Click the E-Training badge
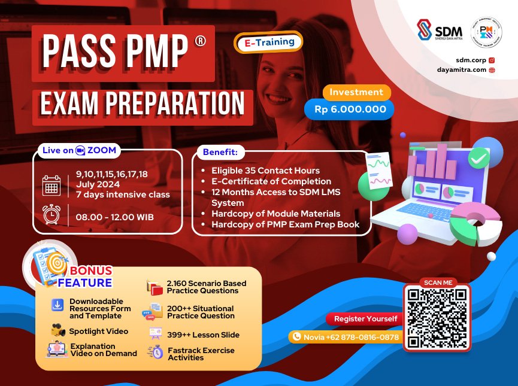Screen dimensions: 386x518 point(268,42)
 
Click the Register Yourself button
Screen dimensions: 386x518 point(365,318)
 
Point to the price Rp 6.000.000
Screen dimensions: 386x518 point(350,110)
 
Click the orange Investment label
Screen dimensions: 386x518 point(356,92)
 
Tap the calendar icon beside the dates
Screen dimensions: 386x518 point(52,185)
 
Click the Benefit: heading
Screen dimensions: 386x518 point(220,153)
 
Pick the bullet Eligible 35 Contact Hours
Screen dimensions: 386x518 point(265,171)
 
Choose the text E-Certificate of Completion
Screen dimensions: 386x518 point(271,181)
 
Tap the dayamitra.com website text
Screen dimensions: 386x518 point(462,70)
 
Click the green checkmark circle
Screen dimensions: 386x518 point(478,158)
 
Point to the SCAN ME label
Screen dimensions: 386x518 point(435,282)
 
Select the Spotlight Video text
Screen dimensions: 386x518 point(98,331)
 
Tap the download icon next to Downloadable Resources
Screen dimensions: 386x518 point(57,305)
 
